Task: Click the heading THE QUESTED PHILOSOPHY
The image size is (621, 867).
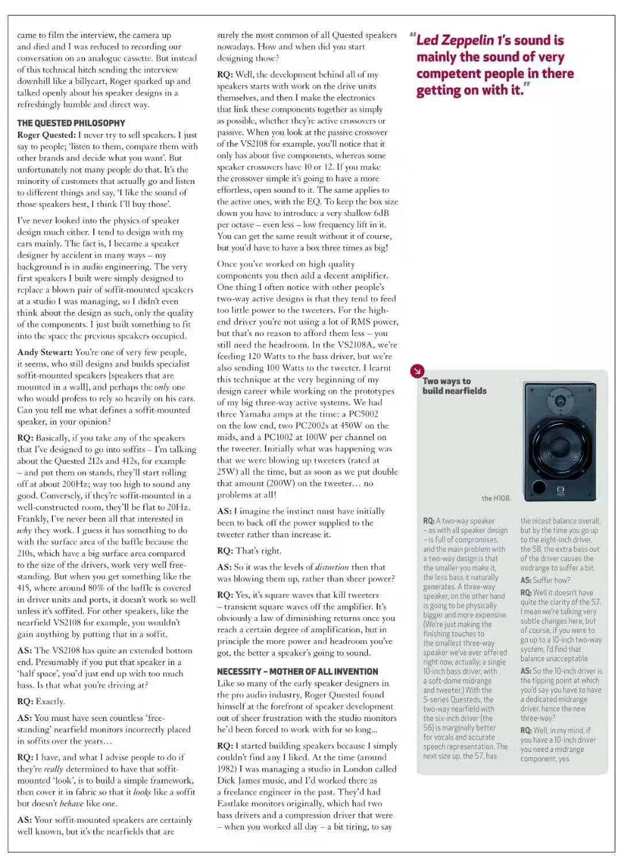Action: (x=71, y=123)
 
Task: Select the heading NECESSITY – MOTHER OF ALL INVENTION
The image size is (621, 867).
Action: (x=297, y=671)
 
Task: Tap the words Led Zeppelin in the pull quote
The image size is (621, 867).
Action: (x=455, y=40)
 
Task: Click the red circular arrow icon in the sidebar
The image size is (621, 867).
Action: (x=417, y=371)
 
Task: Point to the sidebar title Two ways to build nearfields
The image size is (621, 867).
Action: (x=454, y=386)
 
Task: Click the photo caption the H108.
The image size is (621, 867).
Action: (x=496, y=498)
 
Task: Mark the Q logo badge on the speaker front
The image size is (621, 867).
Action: (x=560, y=491)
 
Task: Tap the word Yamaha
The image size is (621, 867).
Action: (x=254, y=414)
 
